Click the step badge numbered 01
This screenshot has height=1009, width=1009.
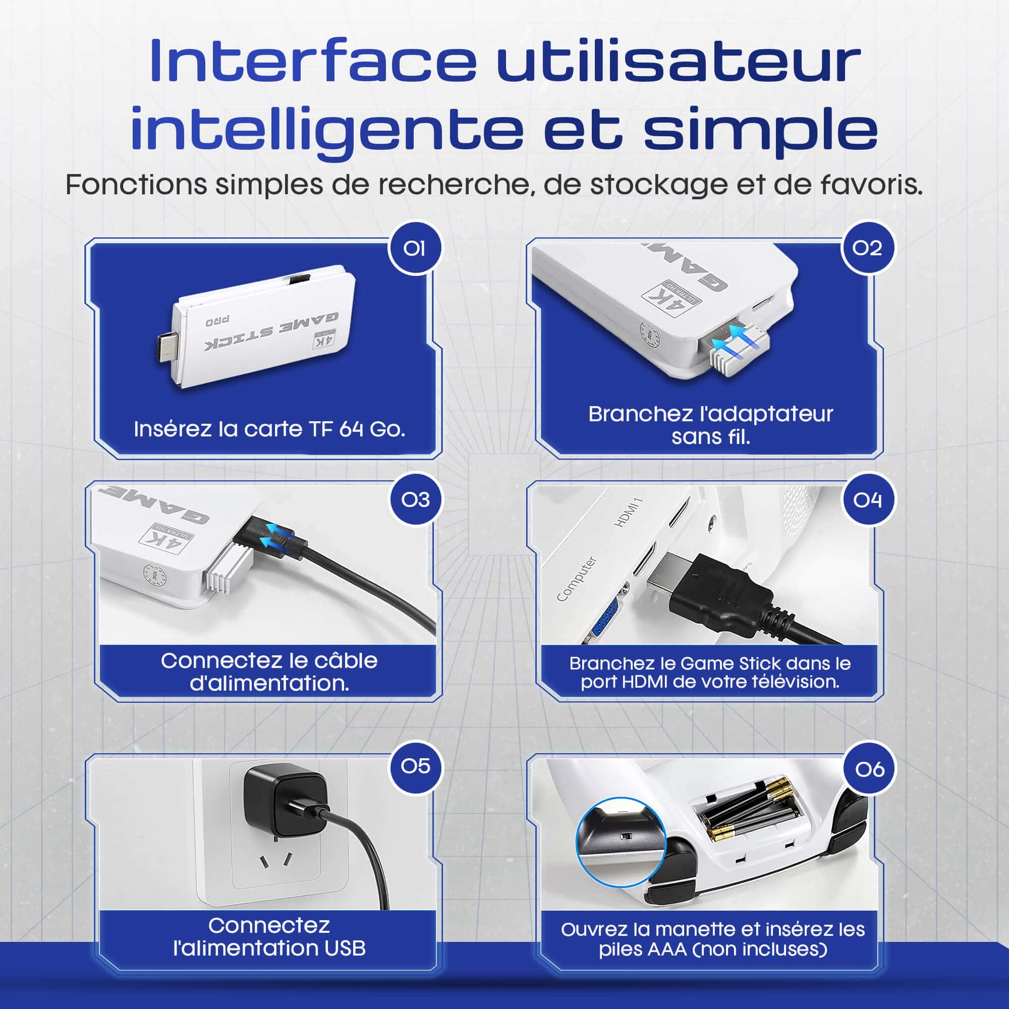[x=415, y=249]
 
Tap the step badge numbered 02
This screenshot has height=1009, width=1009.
[x=867, y=248]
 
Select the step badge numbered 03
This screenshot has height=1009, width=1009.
[x=416, y=500]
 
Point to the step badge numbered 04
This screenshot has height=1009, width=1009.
[x=867, y=500]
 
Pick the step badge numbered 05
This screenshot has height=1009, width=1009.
[x=416, y=767]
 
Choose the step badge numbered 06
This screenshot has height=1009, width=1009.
[x=870, y=769]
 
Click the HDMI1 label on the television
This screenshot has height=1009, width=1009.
[x=628, y=513]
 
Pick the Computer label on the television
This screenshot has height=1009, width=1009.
[x=576, y=578]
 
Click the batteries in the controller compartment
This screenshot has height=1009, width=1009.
[x=752, y=810]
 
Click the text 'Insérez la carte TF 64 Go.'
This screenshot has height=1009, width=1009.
[x=269, y=429]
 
